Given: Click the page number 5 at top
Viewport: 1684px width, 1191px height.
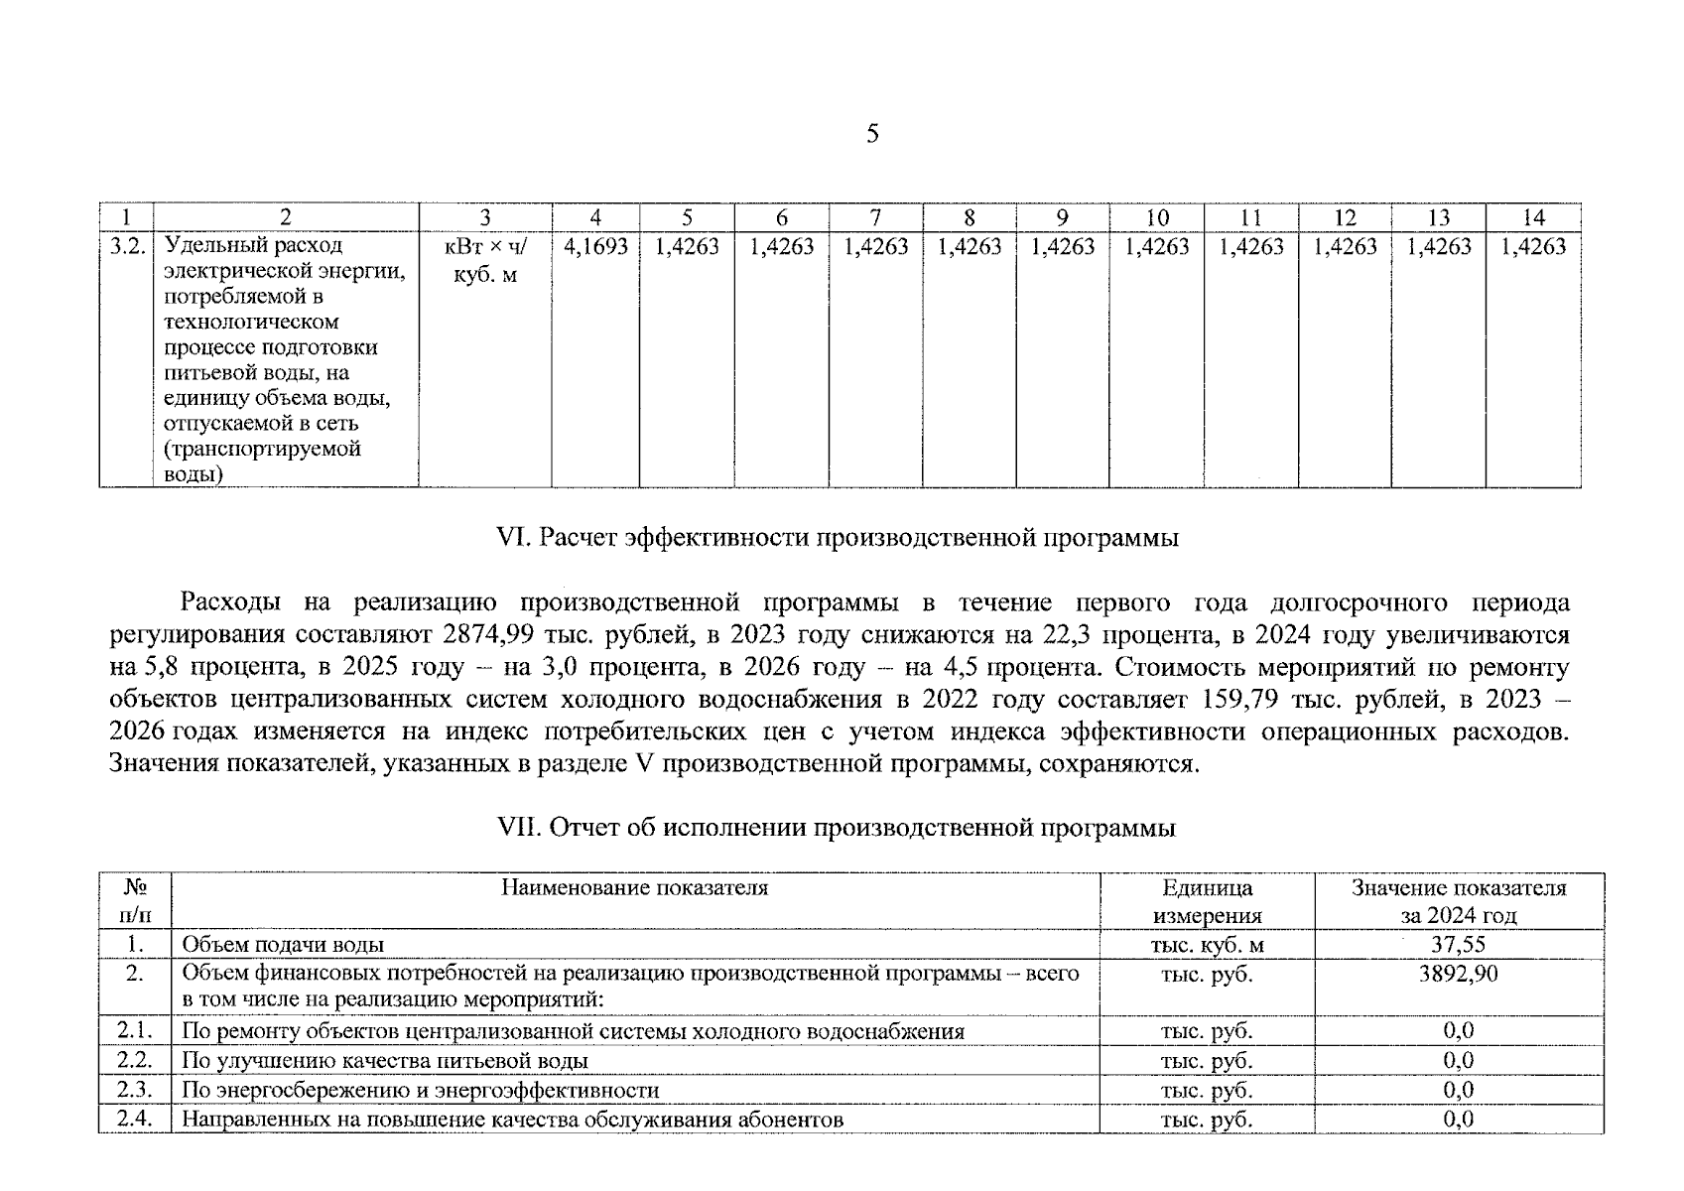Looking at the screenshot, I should click(871, 134).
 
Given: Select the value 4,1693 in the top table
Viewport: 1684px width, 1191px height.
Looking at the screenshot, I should click(595, 246).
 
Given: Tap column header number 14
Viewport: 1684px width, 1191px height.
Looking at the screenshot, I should click(1533, 217).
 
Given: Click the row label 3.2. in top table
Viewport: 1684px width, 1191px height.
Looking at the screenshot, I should click(127, 246).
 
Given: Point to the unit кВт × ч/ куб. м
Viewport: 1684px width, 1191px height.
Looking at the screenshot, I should click(485, 260).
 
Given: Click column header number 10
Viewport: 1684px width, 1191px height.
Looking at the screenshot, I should click(1157, 217).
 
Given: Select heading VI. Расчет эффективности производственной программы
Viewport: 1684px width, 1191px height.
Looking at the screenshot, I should click(837, 538).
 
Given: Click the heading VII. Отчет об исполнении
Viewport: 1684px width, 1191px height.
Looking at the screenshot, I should click(837, 828).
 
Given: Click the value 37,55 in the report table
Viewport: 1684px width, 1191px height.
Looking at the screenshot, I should click(1458, 945).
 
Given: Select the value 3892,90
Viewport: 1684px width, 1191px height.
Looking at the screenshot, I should click(1458, 974).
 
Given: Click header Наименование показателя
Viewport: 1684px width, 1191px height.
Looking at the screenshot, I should click(634, 887).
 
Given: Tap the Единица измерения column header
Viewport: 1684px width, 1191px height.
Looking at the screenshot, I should click(1207, 901).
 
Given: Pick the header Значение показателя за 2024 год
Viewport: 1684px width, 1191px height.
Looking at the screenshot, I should click(1458, 901).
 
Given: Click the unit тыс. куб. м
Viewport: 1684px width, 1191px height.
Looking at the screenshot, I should click(1207, 945).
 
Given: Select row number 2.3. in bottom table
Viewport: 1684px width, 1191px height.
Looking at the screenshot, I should click(134, 1090).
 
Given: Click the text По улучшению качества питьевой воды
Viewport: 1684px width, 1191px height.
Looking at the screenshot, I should click(385, 1061).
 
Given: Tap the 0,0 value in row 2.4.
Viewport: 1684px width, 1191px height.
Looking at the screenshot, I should click(1458, 1120).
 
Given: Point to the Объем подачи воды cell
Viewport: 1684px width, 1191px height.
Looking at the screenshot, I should click(283, 945).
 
